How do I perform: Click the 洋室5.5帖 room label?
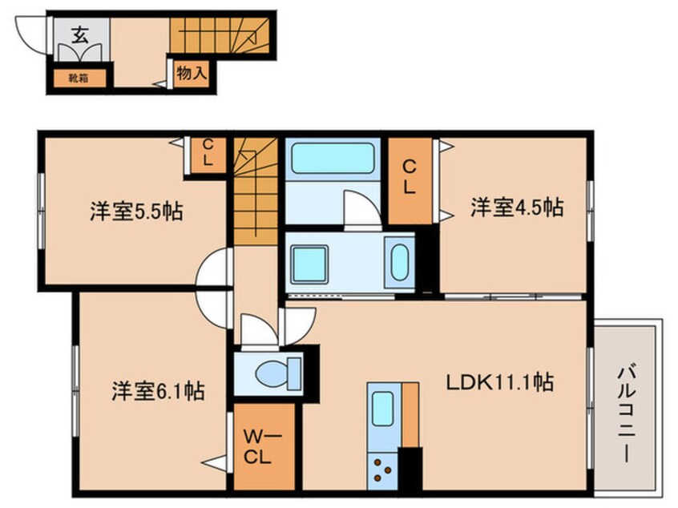coord(135,212)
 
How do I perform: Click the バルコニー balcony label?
coord(628,413)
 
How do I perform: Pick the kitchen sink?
coord(379,410)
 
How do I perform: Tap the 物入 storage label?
coord(192,73)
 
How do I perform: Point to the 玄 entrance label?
coord(81,34)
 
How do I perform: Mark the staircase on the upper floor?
coord(256,188)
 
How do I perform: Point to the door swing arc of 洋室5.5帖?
coord(213,268)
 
